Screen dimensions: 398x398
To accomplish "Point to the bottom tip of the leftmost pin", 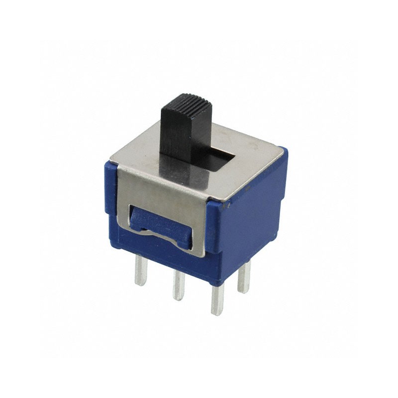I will [141, 284].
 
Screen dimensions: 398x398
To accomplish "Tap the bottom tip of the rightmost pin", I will [243, 291].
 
